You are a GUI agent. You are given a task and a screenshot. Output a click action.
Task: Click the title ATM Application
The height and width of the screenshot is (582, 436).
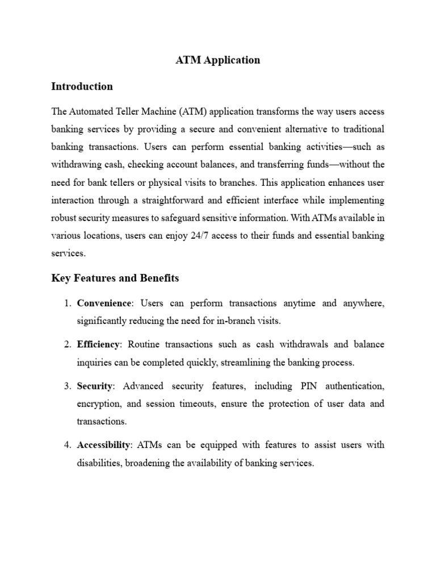pyautogui.click(x=218, y=60)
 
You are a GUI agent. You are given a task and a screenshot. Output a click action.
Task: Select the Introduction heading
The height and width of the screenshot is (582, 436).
pyautogui.click(x=82, y=87)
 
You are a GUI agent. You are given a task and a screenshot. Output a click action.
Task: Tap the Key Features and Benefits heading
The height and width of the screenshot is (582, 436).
pyautogui.click(x=115, y=278)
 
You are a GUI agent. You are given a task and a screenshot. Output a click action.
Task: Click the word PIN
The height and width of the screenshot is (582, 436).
pyautogui.click(x=302, y=386)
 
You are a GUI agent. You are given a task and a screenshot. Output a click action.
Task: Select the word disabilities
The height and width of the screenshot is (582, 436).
pyautogui.click(x=99, y=463)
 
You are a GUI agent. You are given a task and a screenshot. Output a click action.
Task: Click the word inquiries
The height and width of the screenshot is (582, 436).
pyautogui.click(x=95, y=363)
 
